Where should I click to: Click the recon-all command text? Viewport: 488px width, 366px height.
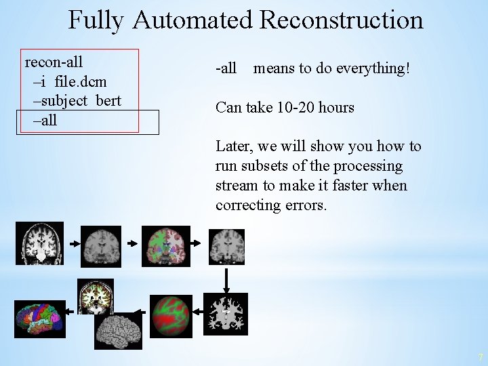click(x=54, y=62)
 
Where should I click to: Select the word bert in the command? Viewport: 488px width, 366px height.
click(x=108, y=101)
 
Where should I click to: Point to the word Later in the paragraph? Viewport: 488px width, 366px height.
click(x=232, y=146)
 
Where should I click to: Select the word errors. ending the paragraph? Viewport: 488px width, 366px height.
click(x=305, y=204)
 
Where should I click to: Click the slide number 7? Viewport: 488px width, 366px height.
click(x=479, y=357)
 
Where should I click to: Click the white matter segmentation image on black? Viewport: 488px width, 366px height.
click(x=227, y=312)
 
